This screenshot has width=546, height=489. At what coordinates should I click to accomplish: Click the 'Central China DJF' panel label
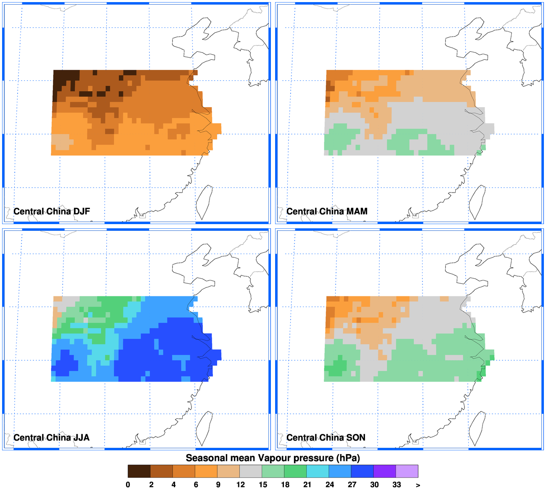tap(52, 211)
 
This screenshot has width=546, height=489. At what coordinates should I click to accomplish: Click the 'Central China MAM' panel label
tap(327, 211)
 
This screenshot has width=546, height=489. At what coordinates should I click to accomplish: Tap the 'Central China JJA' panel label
tap(51, 437)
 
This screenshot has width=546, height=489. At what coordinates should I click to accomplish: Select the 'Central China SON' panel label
tap(326, 437)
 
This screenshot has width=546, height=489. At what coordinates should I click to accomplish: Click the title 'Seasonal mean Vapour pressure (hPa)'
tap(273, 458)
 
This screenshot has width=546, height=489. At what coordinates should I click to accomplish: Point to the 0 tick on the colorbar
tap(128, 484)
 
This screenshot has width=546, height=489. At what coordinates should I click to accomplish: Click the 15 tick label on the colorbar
tap(263, 484)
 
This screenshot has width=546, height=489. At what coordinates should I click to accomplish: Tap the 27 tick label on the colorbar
tap(352, 484)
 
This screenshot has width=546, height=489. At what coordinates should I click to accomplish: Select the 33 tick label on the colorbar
tap(396, 484)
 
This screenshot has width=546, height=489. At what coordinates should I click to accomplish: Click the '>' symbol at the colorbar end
tap(418, 485)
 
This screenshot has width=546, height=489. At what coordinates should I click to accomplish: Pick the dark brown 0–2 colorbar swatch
tap(139, 471)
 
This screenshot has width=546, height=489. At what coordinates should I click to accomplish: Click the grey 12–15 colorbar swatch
tap(251, 471)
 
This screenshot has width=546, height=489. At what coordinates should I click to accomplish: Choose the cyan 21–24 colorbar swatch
tap(318, 471)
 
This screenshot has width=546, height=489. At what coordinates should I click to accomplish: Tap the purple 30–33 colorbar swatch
tap(384, 471)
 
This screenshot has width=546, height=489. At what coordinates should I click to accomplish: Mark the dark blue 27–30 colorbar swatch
tap(362, 471)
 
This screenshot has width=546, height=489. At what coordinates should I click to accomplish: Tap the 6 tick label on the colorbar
tap(196, 484)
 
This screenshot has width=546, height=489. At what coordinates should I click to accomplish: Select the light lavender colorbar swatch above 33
tap(407, 471)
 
